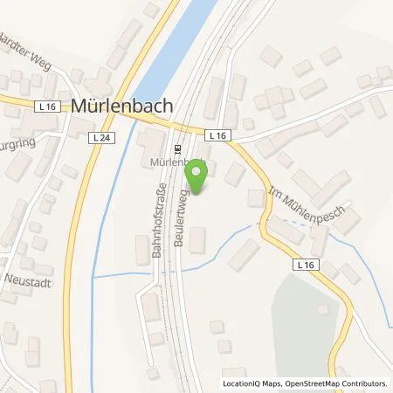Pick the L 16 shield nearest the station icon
click(x=217, y=135)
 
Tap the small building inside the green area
click(x=322, y=310)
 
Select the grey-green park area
click(x=301, y=319)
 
